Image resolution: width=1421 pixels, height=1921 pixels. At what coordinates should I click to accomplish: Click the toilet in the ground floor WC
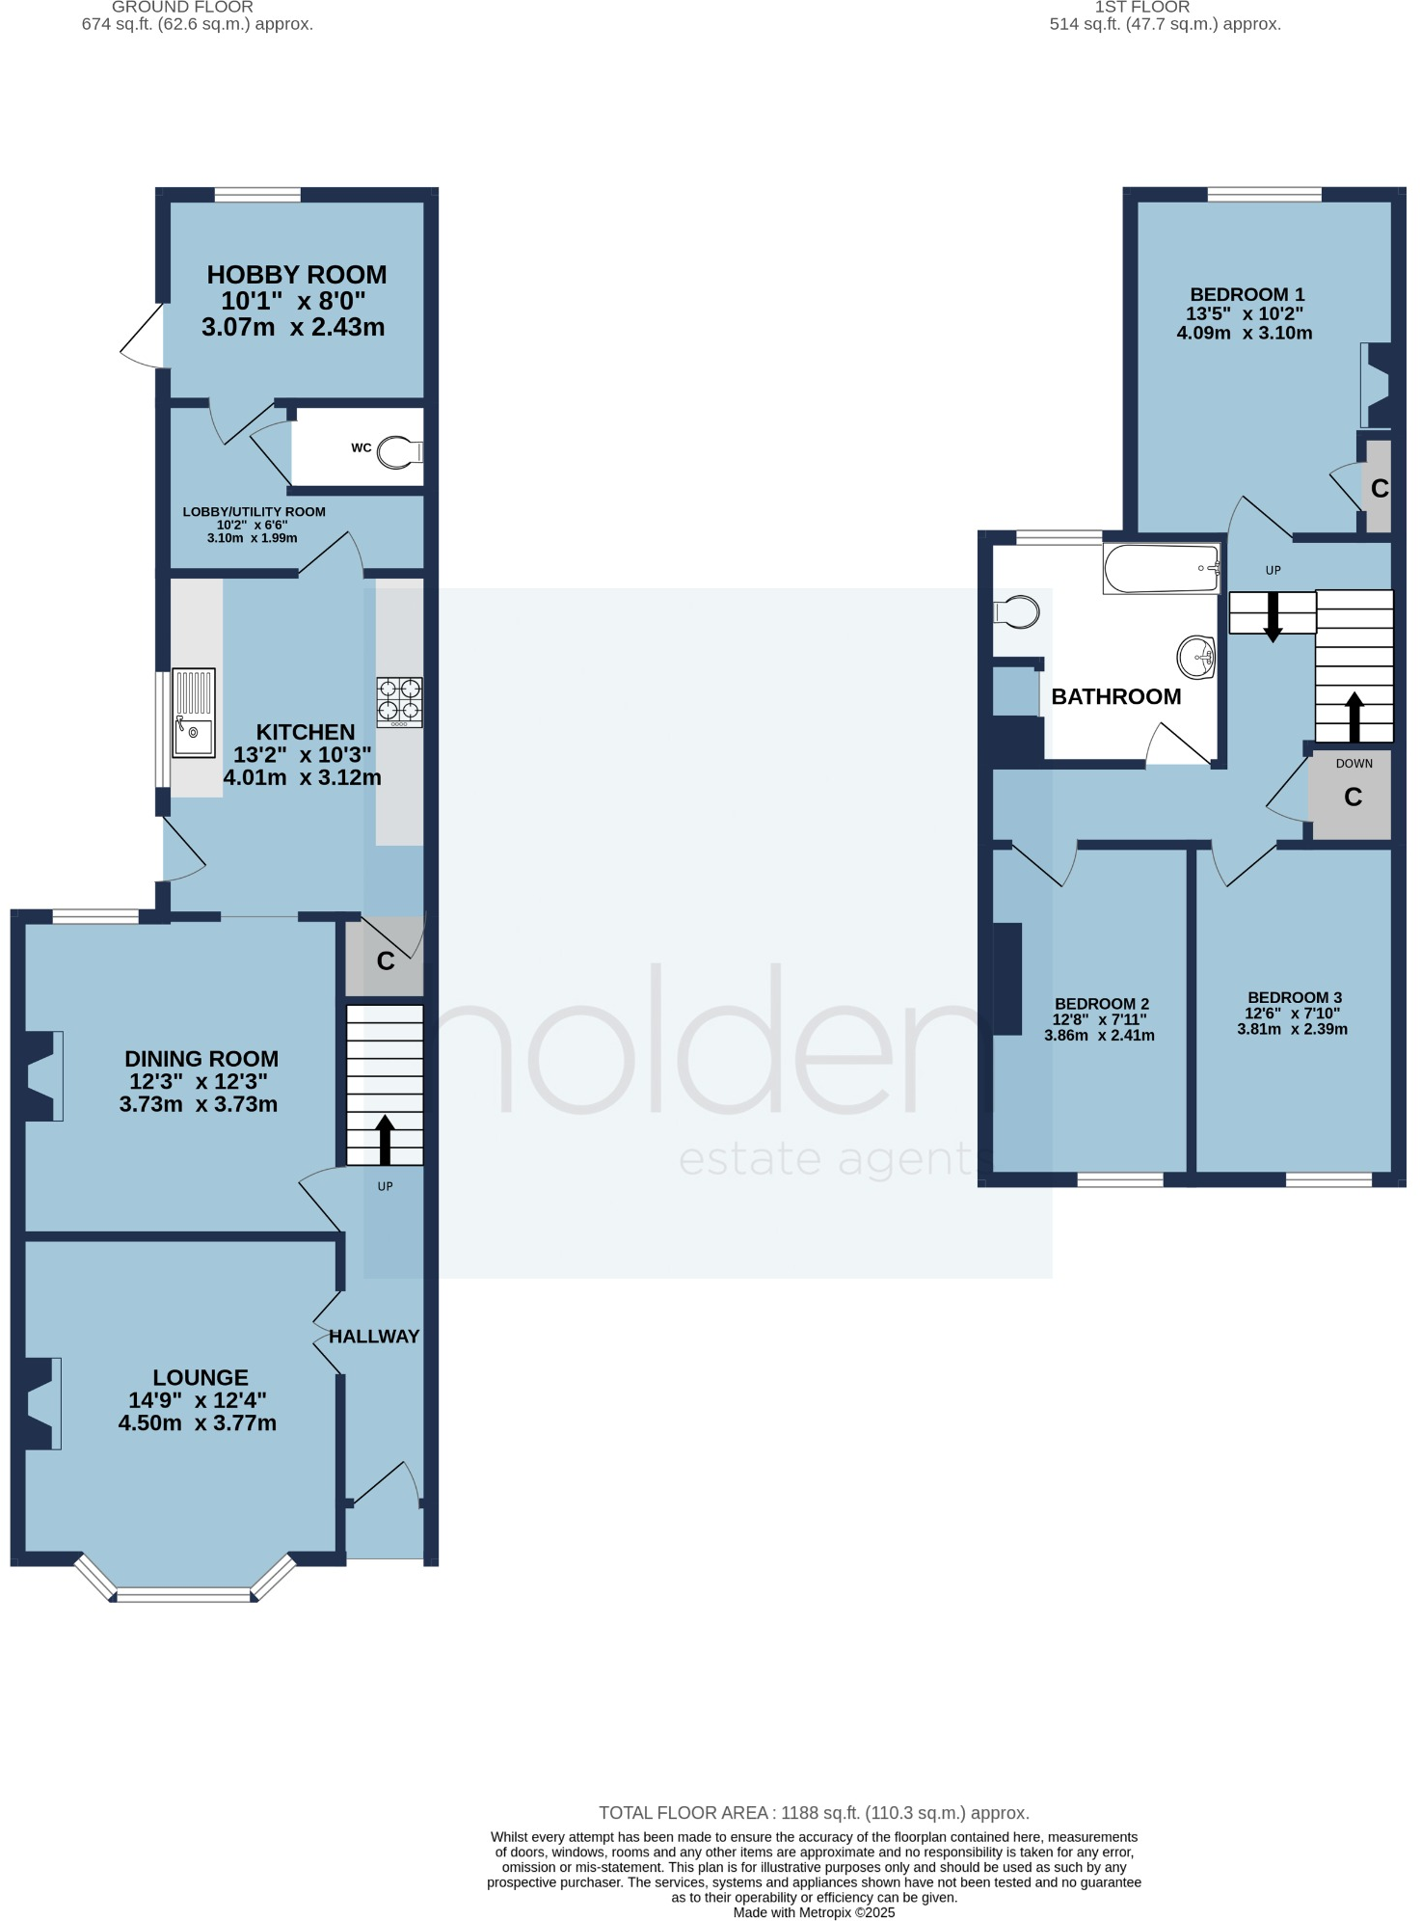pos(398,451)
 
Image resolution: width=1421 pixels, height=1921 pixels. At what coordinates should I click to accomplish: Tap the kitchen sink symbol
pos(194,714)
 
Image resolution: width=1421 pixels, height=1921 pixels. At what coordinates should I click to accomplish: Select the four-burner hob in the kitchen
pos(399,701)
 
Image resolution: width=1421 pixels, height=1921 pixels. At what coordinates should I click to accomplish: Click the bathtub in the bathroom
pos(1161,569)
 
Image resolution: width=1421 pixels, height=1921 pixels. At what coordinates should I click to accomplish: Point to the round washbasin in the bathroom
pos(1196,658)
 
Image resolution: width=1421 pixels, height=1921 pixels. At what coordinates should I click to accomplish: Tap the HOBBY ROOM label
pos(297,275)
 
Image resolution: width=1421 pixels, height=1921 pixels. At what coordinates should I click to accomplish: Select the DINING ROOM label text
pos(201,1059)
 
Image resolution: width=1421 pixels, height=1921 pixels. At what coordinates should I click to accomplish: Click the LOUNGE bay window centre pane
pos(183,1595)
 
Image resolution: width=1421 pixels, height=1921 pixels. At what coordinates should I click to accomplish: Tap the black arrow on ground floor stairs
pos(385,1140)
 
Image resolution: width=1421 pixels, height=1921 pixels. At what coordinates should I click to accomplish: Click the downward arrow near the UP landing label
pos(1273,617)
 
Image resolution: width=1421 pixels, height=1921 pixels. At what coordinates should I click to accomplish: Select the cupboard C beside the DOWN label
pos(1353,797)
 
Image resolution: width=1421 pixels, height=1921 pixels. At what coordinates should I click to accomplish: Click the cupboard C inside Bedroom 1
pos(1379,488)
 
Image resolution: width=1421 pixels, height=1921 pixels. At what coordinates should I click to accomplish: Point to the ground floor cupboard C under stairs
pos(386,960)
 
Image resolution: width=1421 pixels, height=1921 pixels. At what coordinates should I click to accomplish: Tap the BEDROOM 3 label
pos(1294,997)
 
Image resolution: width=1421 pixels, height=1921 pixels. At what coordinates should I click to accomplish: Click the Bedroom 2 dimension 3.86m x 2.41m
pos(1099,1036)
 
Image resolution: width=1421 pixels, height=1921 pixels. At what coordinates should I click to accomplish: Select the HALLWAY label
pos(374,1337)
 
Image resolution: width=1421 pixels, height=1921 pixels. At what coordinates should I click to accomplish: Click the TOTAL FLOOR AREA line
pos(814,1813)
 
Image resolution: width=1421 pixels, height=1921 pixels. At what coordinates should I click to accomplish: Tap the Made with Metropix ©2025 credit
pos(814,1912)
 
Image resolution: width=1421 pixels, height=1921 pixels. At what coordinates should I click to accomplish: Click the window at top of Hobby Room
pos(257,195)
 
